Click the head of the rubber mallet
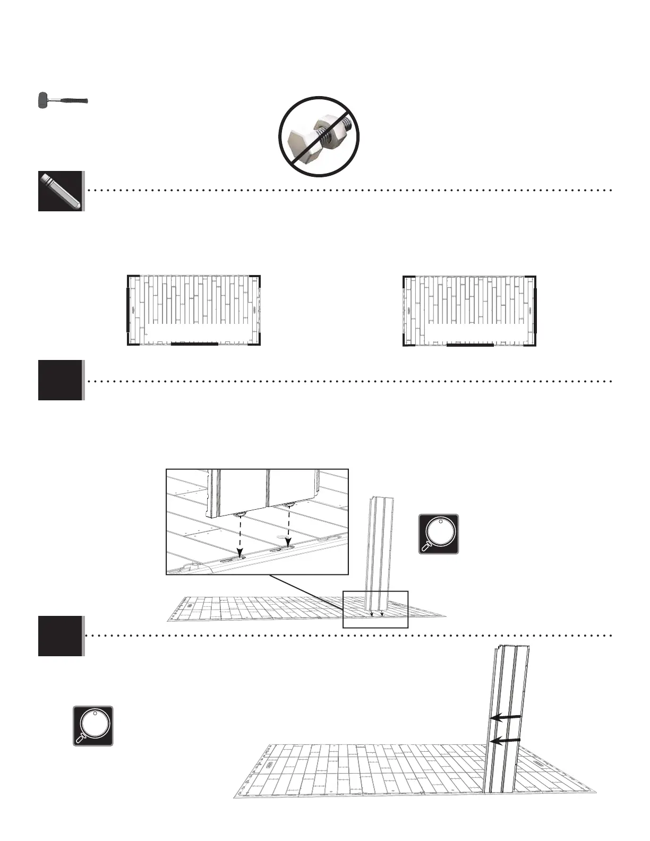point(43,100)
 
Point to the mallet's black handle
point(71,100)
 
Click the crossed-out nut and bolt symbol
point(320,136)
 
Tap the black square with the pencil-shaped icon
point(61,191)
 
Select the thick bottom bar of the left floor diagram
point(194,344)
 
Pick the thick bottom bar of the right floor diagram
point(470,345)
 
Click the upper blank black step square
point(61,380)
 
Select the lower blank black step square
point(61,636)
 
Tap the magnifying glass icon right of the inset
point(438,534)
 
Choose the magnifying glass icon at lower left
point(93,726)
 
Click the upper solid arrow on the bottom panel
point(505,717)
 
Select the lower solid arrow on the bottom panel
point(505,740)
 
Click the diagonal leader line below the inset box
point(308,590)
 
